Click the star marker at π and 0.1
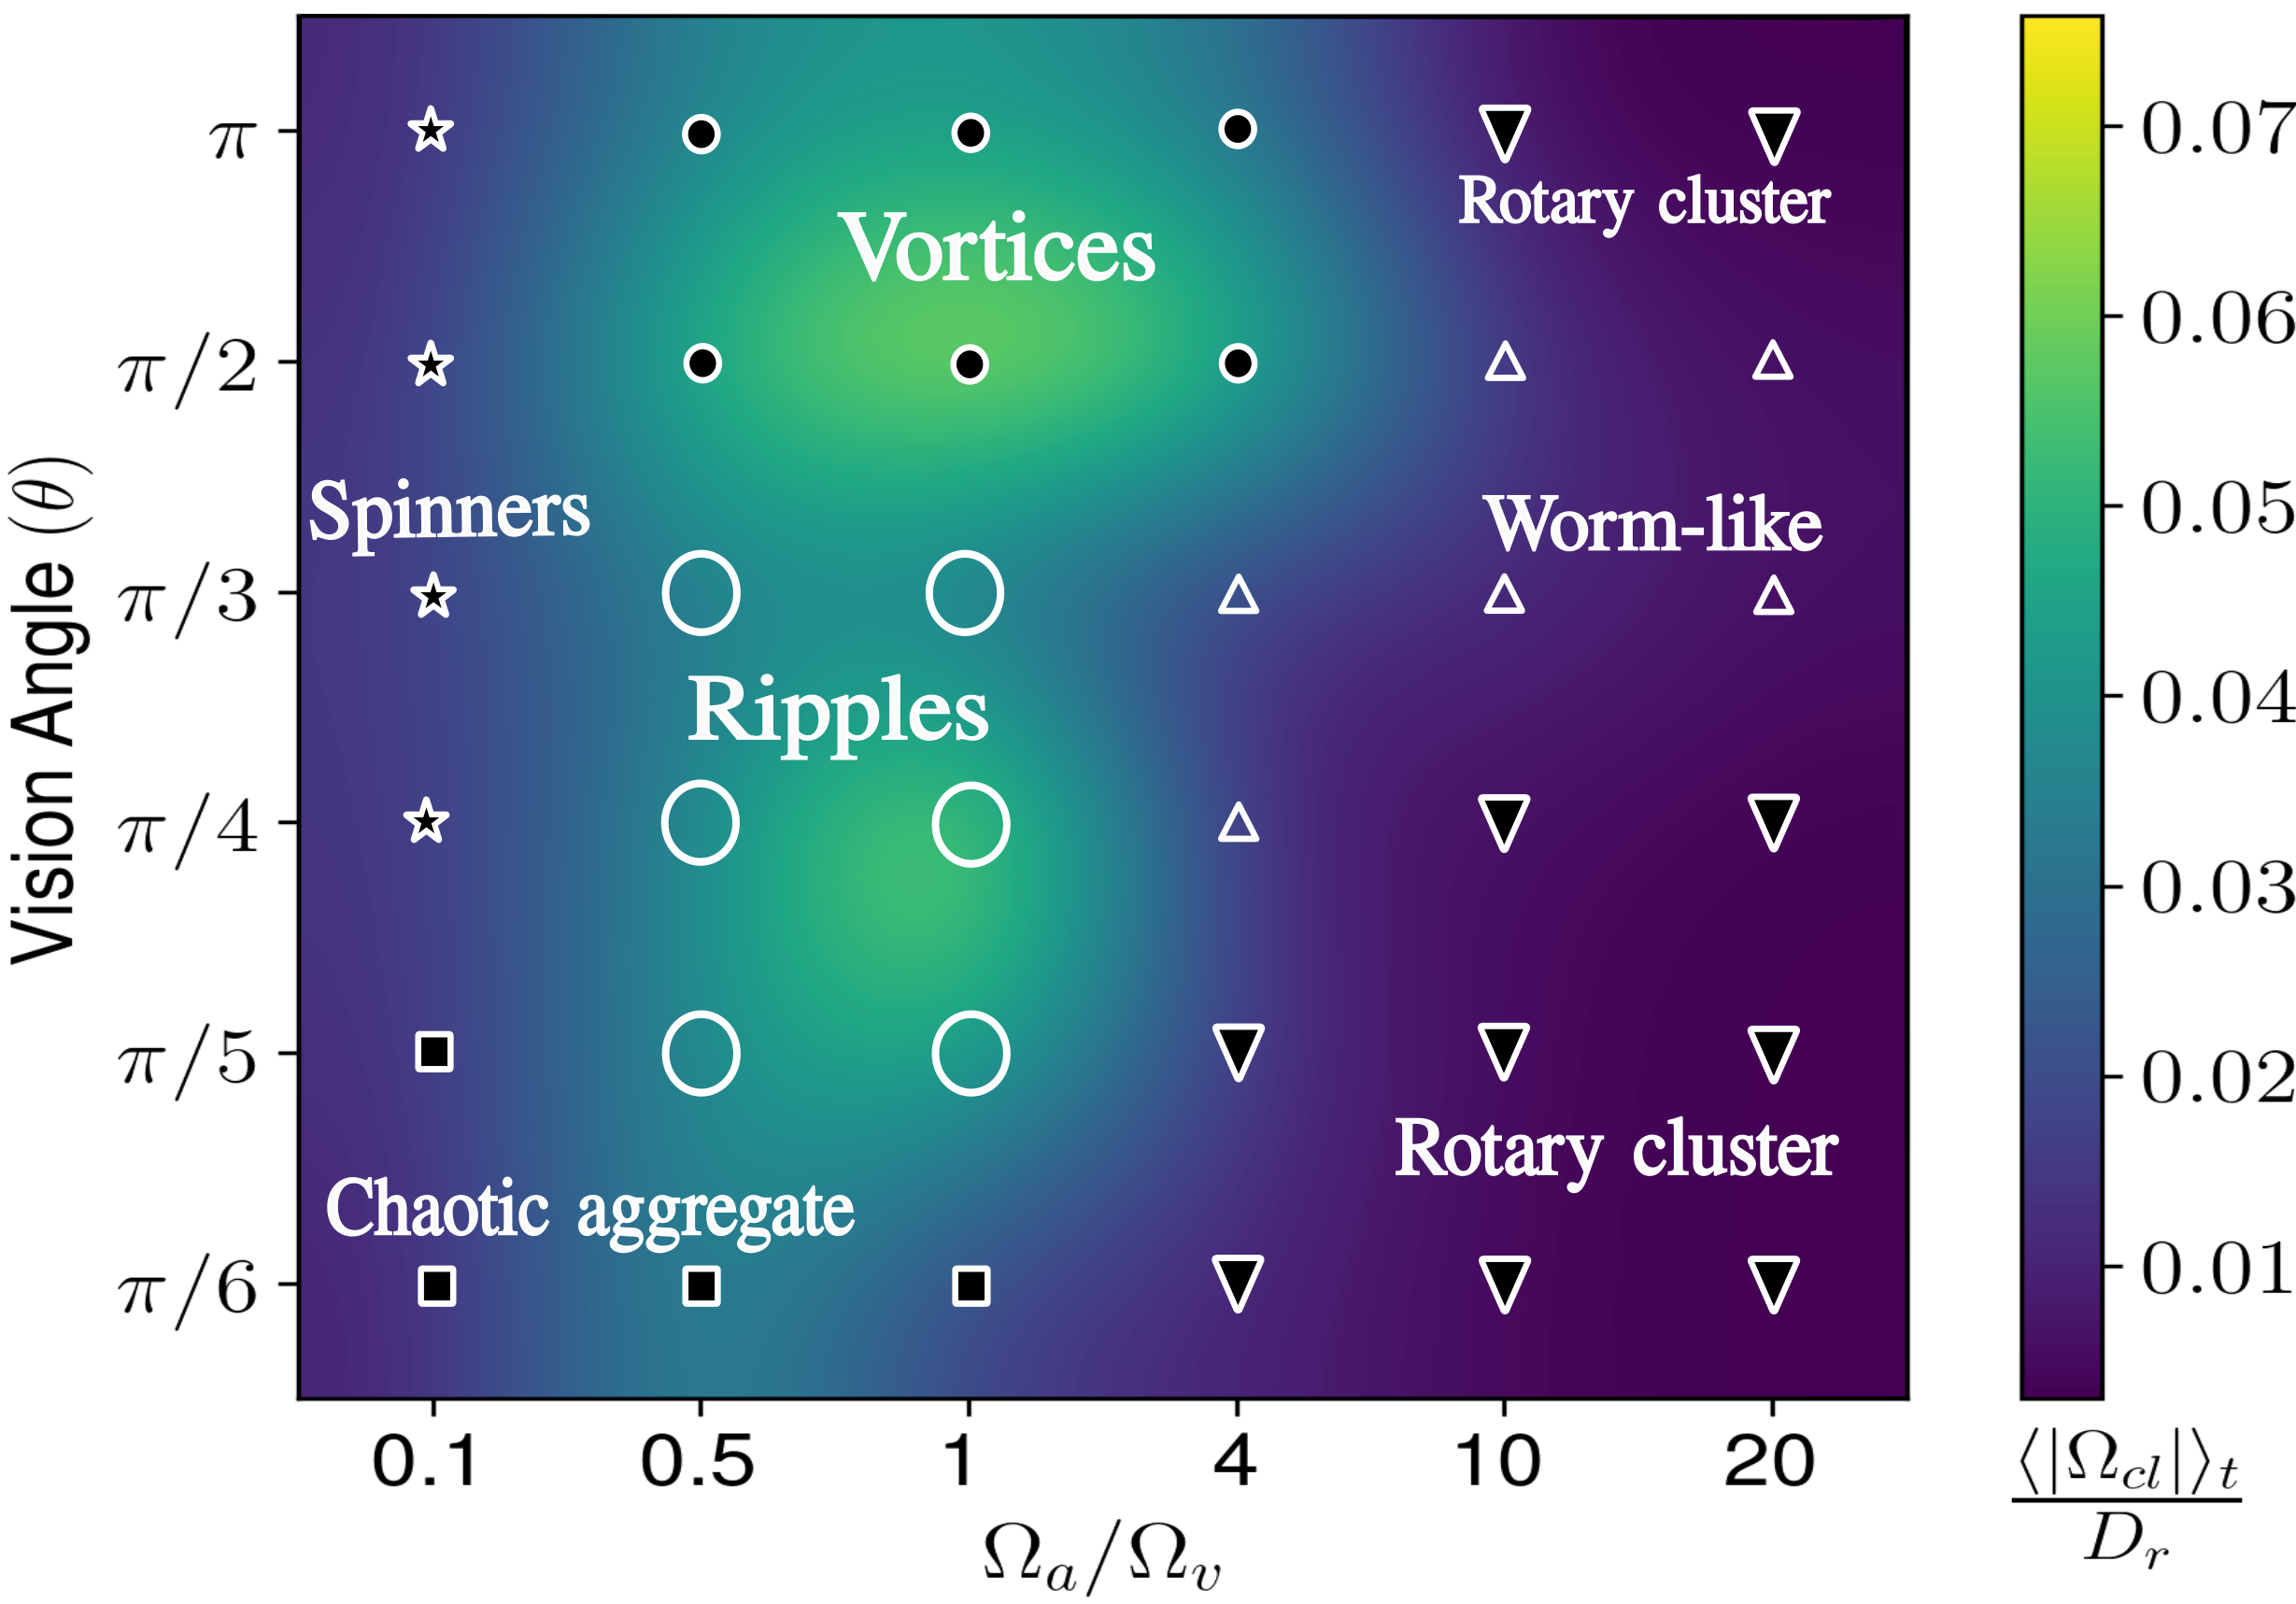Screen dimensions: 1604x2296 431,130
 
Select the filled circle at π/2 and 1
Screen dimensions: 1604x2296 969,364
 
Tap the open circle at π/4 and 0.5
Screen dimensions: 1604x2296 700,823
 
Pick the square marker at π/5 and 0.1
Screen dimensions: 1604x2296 434,1052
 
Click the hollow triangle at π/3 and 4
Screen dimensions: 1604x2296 1238,596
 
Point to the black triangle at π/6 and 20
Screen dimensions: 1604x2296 1774,1283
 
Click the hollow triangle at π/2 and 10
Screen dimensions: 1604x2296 1505,363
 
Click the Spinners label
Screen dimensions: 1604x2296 449,512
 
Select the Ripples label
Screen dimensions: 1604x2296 837,711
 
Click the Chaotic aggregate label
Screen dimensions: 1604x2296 590,1210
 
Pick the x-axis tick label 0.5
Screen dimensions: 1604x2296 697,1461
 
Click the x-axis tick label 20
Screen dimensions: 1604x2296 1769,1461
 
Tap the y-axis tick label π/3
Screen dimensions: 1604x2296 187,597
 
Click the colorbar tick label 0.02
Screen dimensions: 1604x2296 2215,1078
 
